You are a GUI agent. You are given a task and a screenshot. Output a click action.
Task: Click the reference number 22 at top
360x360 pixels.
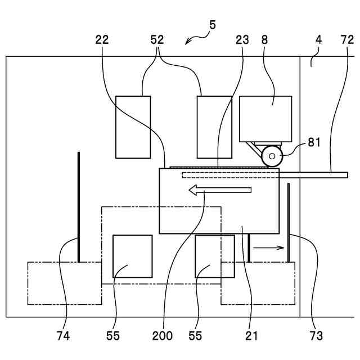click(102, 40)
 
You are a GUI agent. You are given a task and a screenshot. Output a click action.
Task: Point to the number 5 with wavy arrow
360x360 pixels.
click(212, 25)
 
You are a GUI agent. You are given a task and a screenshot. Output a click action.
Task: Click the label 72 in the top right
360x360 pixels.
click(347, 40)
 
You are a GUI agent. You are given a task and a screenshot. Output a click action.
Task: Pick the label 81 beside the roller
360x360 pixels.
click(314, 142)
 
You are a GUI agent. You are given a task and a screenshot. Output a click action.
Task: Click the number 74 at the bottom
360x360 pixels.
click(63, 336)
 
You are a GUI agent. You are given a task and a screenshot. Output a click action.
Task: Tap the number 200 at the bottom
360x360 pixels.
click(162, 336)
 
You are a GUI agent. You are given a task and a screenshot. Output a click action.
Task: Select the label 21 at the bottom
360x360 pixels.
click(251, 336)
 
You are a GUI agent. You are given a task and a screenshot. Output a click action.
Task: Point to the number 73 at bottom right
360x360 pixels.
click(316, 336)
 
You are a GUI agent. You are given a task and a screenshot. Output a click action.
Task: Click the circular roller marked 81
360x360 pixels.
click(272, 156)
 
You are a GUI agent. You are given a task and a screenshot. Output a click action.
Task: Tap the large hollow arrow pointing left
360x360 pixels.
click(219, 191)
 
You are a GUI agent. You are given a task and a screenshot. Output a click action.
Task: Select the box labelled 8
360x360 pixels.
click(265, 118)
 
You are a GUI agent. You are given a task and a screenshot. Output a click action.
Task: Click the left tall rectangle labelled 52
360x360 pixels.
click(133, 127)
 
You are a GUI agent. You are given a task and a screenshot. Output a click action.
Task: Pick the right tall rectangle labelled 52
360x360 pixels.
click(214, 127)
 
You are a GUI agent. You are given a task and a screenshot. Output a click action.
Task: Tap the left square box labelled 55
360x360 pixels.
click(132, 256)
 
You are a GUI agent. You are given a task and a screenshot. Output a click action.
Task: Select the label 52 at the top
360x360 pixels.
click(157, 40)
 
